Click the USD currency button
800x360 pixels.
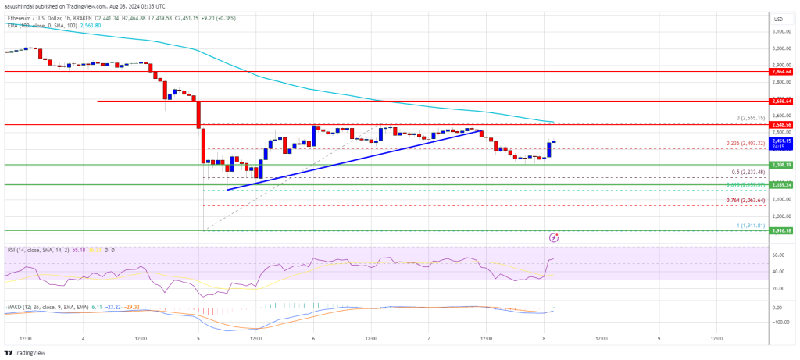point(778,19)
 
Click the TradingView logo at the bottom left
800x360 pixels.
point(26,351)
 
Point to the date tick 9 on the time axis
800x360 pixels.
point(659,338)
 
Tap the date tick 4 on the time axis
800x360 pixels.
point(84,338)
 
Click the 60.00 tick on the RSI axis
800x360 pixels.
point(777,255)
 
